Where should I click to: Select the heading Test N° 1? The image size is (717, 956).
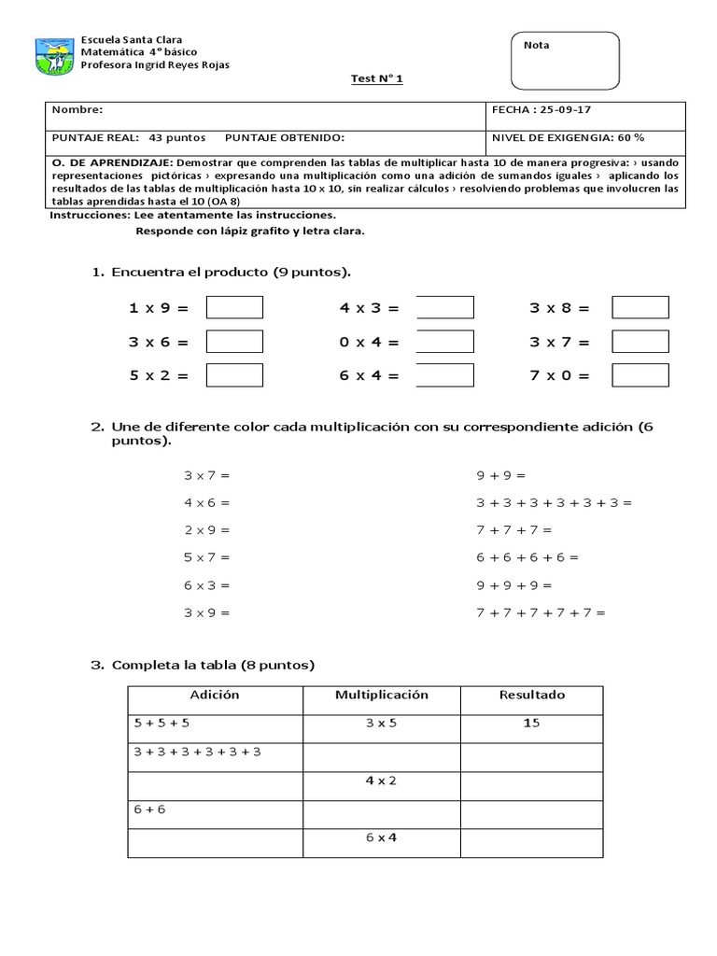[377, 80]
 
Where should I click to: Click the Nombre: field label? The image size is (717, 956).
[71, 109]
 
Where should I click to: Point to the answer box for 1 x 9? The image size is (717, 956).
[234, 307]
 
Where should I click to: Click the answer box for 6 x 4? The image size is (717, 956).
[444, 375]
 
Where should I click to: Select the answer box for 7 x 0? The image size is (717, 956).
[640, 375]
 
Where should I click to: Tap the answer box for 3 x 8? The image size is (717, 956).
[640, 307]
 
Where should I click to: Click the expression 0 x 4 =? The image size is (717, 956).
[369, 342]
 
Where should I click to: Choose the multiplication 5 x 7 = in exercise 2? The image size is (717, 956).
[206, 557]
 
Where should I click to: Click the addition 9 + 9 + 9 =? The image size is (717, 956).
[513, 585]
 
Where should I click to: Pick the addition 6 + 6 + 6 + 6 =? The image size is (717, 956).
[527, 557]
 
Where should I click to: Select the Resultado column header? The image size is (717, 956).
[531, 696]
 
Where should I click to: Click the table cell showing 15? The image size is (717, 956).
[531, 724]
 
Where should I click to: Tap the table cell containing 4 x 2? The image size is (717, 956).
[381, 780]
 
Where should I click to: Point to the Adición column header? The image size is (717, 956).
[215, 696]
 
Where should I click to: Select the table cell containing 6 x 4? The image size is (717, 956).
[381, 837]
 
